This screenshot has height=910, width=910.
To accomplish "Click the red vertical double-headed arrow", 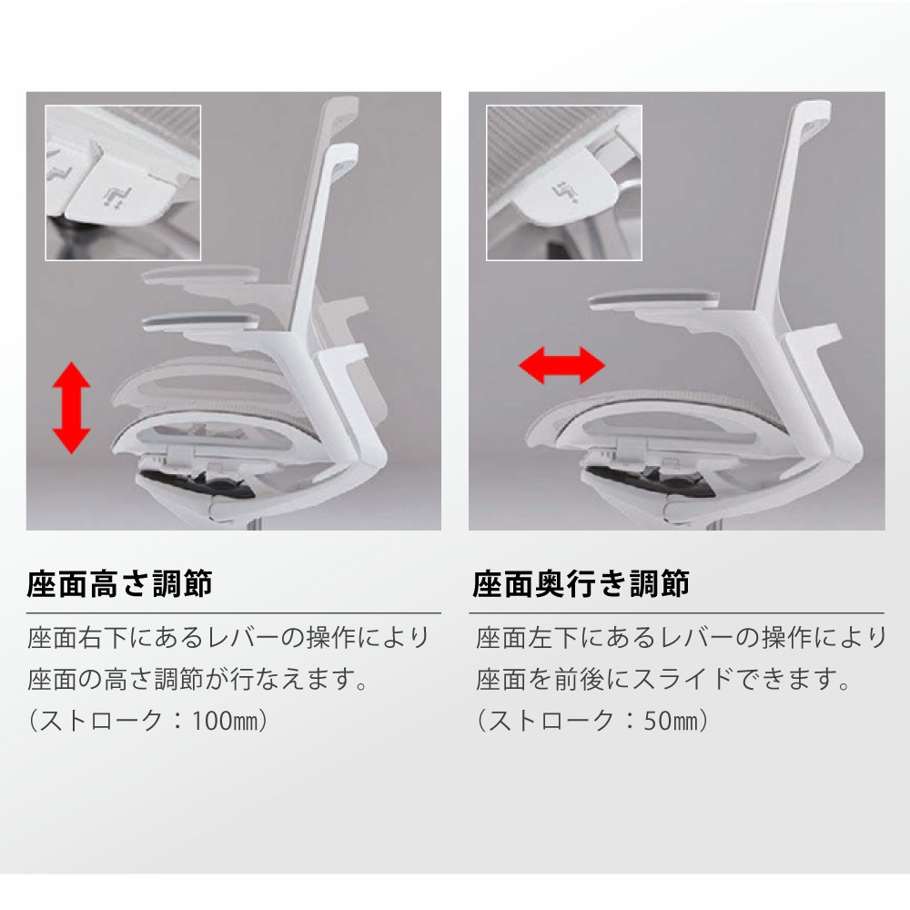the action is point(71,408).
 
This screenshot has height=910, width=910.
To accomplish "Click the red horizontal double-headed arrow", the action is point(561,366).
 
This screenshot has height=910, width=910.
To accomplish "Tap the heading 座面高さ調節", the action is point(119,584).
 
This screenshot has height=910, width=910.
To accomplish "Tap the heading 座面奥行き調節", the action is point(581,584).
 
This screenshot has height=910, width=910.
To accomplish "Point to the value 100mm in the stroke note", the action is point(224,721).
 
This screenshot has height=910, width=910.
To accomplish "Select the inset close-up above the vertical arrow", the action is point(123,183).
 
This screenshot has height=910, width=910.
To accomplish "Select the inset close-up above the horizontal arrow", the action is point(564,183).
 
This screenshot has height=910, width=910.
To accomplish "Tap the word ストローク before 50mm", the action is point(551,721).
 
